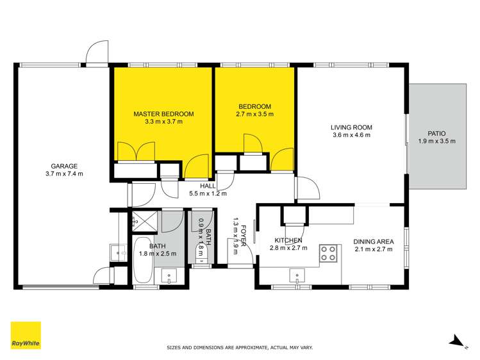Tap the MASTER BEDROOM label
tap(163, 114)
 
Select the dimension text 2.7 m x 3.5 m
tap(256, 115)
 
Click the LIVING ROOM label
tap(351, 127)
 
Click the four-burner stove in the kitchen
tap(329, 253)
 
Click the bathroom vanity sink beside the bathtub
tap(171, 276)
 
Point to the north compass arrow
tap(456, 341)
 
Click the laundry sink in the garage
tap(116, 252)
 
